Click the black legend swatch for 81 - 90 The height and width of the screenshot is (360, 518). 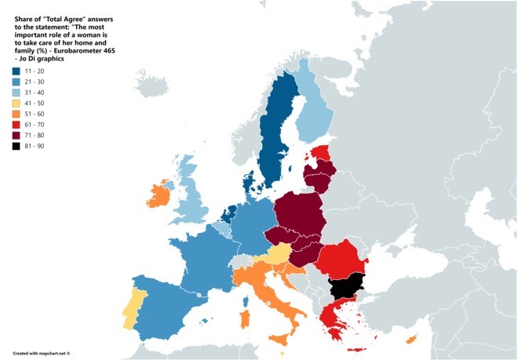pyautogui.click(x=16, y=147)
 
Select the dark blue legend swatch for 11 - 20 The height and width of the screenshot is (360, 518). pyautogui.click(x=16, y=70)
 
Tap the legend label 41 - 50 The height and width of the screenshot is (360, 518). pyautogui.click(x=36, y=103)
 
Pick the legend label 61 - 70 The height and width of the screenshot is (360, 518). pyautogui.click(x=36, y=125)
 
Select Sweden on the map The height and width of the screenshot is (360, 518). pyautogui.click(x=275, y=133)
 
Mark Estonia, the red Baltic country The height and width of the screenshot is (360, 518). pyautogui.click(x=319, y=152)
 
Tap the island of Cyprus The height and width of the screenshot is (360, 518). pyautogui.click(x=410, y=338)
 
